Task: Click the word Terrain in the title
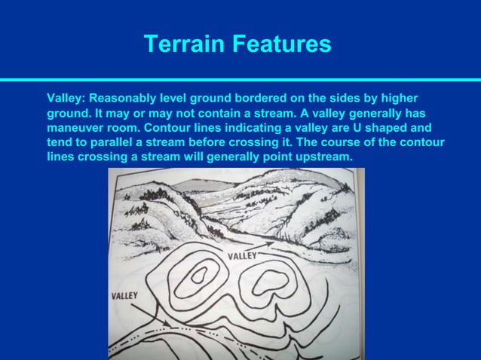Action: point(184,44)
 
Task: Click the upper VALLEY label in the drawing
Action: point(242,256)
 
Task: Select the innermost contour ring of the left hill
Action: point(198,276)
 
